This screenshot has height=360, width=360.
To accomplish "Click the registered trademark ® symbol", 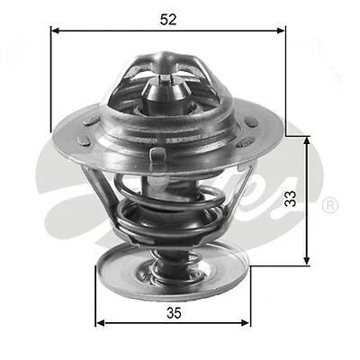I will click(330, 206).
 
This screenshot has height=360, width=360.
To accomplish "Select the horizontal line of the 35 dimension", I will click(135, 323).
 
